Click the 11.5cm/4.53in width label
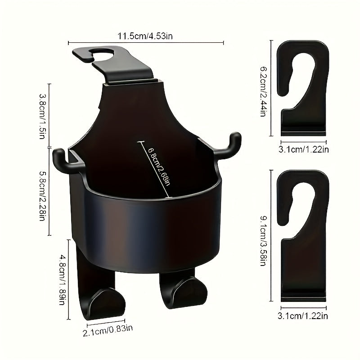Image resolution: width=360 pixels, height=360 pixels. pos(145,36)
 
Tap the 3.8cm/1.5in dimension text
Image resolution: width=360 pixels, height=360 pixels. pos(43,116)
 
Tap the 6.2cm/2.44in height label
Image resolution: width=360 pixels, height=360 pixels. pos(263,92)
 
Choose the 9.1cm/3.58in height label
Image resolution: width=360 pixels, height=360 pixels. pos(263,241)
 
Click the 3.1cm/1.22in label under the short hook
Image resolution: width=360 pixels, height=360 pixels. pos(303,149)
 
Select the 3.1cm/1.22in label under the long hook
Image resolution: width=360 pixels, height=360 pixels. pos(303,316)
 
